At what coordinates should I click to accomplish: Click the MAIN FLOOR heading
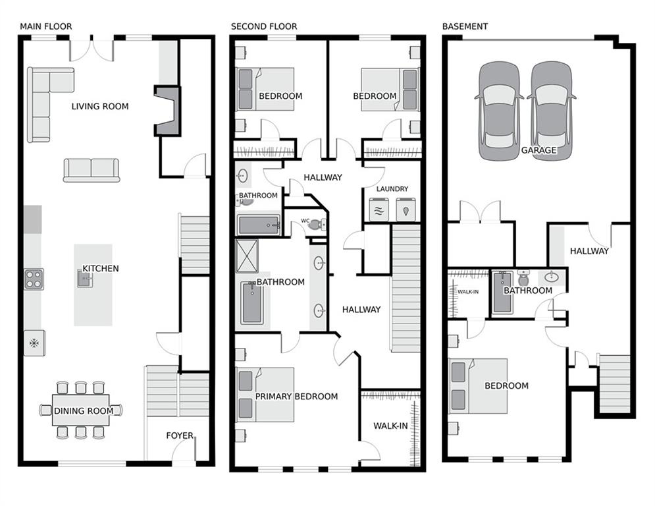click(x=46, y=26)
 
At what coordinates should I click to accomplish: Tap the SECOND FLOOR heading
click(x=263, y=26)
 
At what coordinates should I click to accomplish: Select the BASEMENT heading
click(x=465, y=26)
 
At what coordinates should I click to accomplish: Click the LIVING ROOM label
click(x=100, y=106)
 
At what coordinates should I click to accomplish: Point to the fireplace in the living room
click(x=167, y=111)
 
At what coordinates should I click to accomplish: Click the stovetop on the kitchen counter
click(x=34, y=279)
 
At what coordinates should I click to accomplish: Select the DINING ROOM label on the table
click(x=84, y=411)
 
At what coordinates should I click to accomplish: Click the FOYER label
click(x=180, y=436)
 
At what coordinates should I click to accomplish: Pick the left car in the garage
click(x=499, y=113)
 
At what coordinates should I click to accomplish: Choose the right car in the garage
click(x=552, y=113)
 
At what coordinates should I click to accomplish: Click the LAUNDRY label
click(x=392, y=189)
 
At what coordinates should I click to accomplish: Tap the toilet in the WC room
click(x=315, y=224)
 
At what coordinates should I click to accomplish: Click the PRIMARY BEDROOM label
click(x=296, y=397)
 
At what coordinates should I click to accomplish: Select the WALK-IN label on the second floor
click(x=390, y=426)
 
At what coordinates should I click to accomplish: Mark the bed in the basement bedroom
click(x=478, y=386)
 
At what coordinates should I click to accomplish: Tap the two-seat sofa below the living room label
click(x=92, y=169)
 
